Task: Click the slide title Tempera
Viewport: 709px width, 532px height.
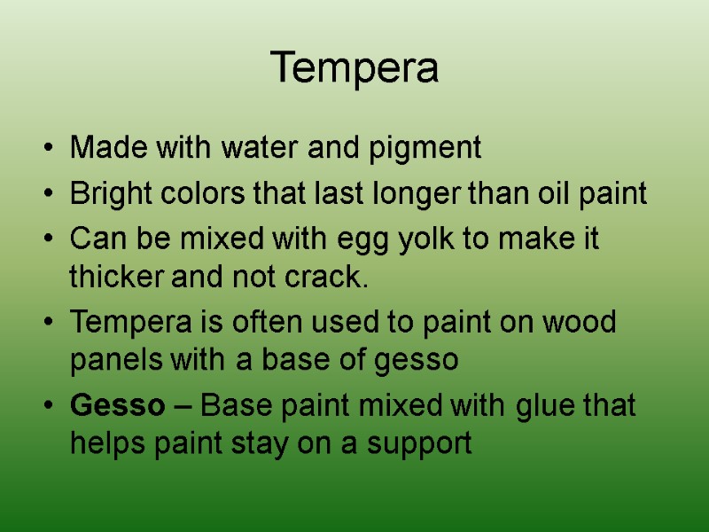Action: click(x=354, y=68)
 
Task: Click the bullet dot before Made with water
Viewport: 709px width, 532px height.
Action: click(x=47, y=149)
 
